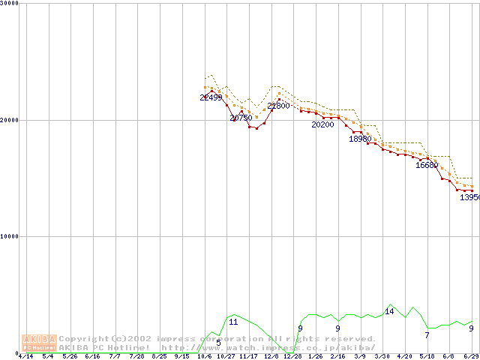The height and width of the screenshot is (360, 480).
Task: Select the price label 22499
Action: [211, 97]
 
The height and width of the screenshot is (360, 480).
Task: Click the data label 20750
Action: [241, 118]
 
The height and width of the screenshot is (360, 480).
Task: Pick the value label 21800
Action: [278, 106]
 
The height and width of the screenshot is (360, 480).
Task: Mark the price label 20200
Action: [322, 124]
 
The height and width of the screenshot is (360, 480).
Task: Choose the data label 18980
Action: [360, 139]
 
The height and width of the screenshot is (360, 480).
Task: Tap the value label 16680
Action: [427, 165]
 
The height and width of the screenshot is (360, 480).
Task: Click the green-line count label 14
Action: [389, 311]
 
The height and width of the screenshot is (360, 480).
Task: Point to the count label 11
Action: [233, 322]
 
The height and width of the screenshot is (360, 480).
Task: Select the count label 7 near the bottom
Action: [427, 335]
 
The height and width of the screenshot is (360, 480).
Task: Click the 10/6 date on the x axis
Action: [204, 356]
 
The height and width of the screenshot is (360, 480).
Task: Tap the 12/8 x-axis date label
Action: [271, 356]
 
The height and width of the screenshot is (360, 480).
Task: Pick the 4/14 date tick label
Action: [25, 356]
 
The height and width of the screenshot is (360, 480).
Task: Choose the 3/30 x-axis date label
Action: [382, 356]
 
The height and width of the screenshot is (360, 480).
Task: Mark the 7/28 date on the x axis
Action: [137, 356]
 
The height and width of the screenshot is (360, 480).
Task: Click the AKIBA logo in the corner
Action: [39, 343]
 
